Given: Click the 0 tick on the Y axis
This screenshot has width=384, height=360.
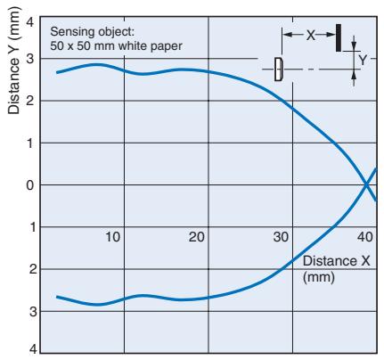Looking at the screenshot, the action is (31, 185).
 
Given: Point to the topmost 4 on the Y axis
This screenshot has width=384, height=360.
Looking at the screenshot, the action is (31, 22).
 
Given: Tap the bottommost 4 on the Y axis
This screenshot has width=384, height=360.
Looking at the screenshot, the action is (33, 349).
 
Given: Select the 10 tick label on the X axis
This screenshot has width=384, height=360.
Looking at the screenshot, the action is (113, 237).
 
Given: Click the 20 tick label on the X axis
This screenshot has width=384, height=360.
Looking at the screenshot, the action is (197, 237).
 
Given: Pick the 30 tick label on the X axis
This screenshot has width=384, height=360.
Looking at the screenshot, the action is (281, 237).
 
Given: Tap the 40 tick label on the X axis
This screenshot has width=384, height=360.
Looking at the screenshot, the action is (365, 237).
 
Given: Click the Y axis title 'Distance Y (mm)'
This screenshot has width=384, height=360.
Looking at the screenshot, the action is (13, 60).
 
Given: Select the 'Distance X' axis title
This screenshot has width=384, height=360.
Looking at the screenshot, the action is (337, 261).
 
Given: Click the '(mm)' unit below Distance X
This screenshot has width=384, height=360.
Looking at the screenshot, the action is (319, 277).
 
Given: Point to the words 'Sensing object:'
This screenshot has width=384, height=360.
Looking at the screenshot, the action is (93, 31).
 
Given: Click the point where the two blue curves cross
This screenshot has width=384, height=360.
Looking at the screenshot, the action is (366, 184).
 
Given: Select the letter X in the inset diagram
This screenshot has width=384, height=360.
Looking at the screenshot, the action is (310, 35).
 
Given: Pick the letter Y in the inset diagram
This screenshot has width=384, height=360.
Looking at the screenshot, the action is (363, 61).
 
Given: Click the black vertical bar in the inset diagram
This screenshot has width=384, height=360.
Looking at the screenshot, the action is (339, 37).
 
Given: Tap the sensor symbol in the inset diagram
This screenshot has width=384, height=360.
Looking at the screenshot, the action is (279, 70).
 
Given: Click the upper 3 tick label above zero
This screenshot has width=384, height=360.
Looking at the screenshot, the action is (31, 59).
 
